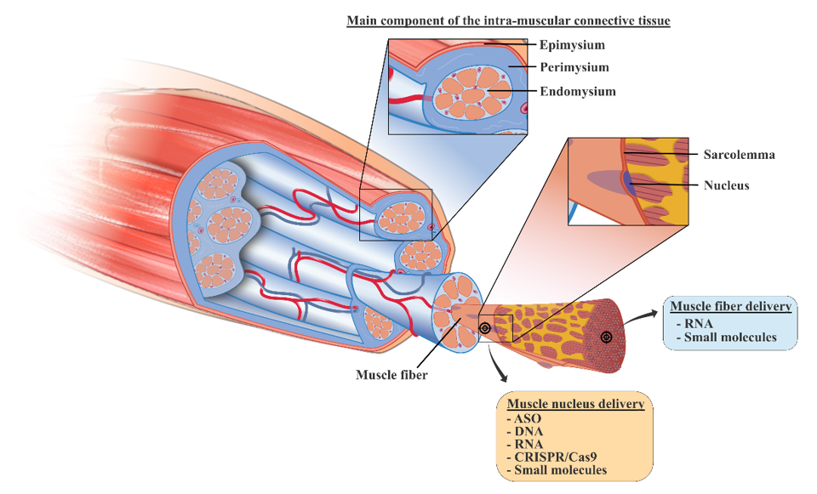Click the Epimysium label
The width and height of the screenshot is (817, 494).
[572, 45]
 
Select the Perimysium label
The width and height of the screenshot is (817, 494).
[574, 67]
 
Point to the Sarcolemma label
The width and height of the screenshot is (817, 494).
[739, 155]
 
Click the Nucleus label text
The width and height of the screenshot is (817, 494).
[726, 185]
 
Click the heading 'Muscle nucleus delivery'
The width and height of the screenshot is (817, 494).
[575, 404]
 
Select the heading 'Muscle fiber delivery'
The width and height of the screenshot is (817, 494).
[731, 306]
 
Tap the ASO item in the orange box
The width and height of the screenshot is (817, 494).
[523, 418]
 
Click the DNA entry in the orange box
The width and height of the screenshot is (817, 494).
[524, 431]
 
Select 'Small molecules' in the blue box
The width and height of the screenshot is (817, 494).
[731, 337]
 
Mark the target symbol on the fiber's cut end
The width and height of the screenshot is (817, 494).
[606, 337]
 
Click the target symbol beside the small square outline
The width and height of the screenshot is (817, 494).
[485, 328]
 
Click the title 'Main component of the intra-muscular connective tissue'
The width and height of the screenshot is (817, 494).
[508, 20]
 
